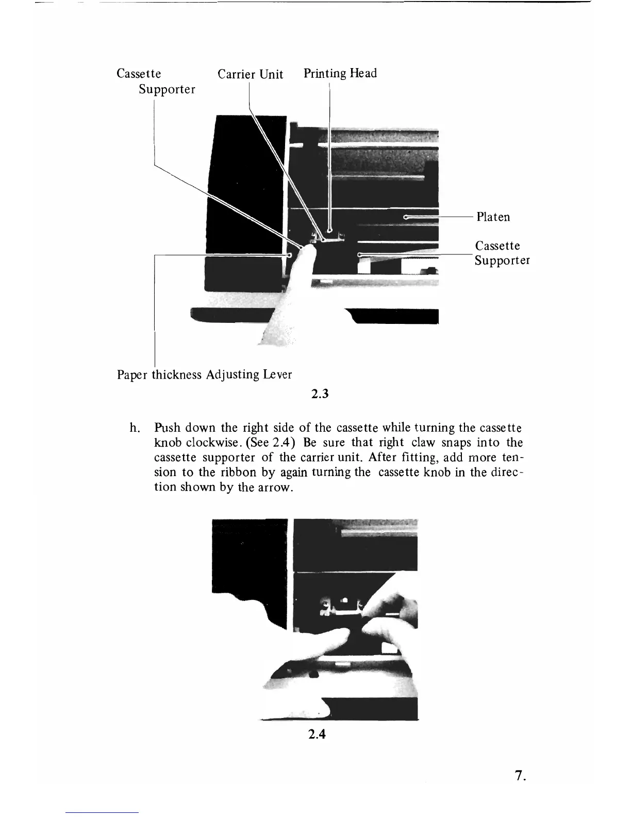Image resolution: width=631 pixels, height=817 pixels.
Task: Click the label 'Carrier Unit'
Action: [250, 74]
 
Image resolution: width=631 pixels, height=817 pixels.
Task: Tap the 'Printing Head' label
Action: [340, 73]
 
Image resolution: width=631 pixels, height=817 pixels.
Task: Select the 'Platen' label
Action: [493, 217]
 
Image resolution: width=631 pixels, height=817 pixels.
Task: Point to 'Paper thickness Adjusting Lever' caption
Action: [204, 374]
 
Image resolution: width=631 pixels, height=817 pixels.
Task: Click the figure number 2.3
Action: [320, 395]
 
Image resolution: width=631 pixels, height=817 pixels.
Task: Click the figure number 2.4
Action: [316, 733]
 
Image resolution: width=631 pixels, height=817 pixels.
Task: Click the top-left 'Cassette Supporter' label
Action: [155, 81]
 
